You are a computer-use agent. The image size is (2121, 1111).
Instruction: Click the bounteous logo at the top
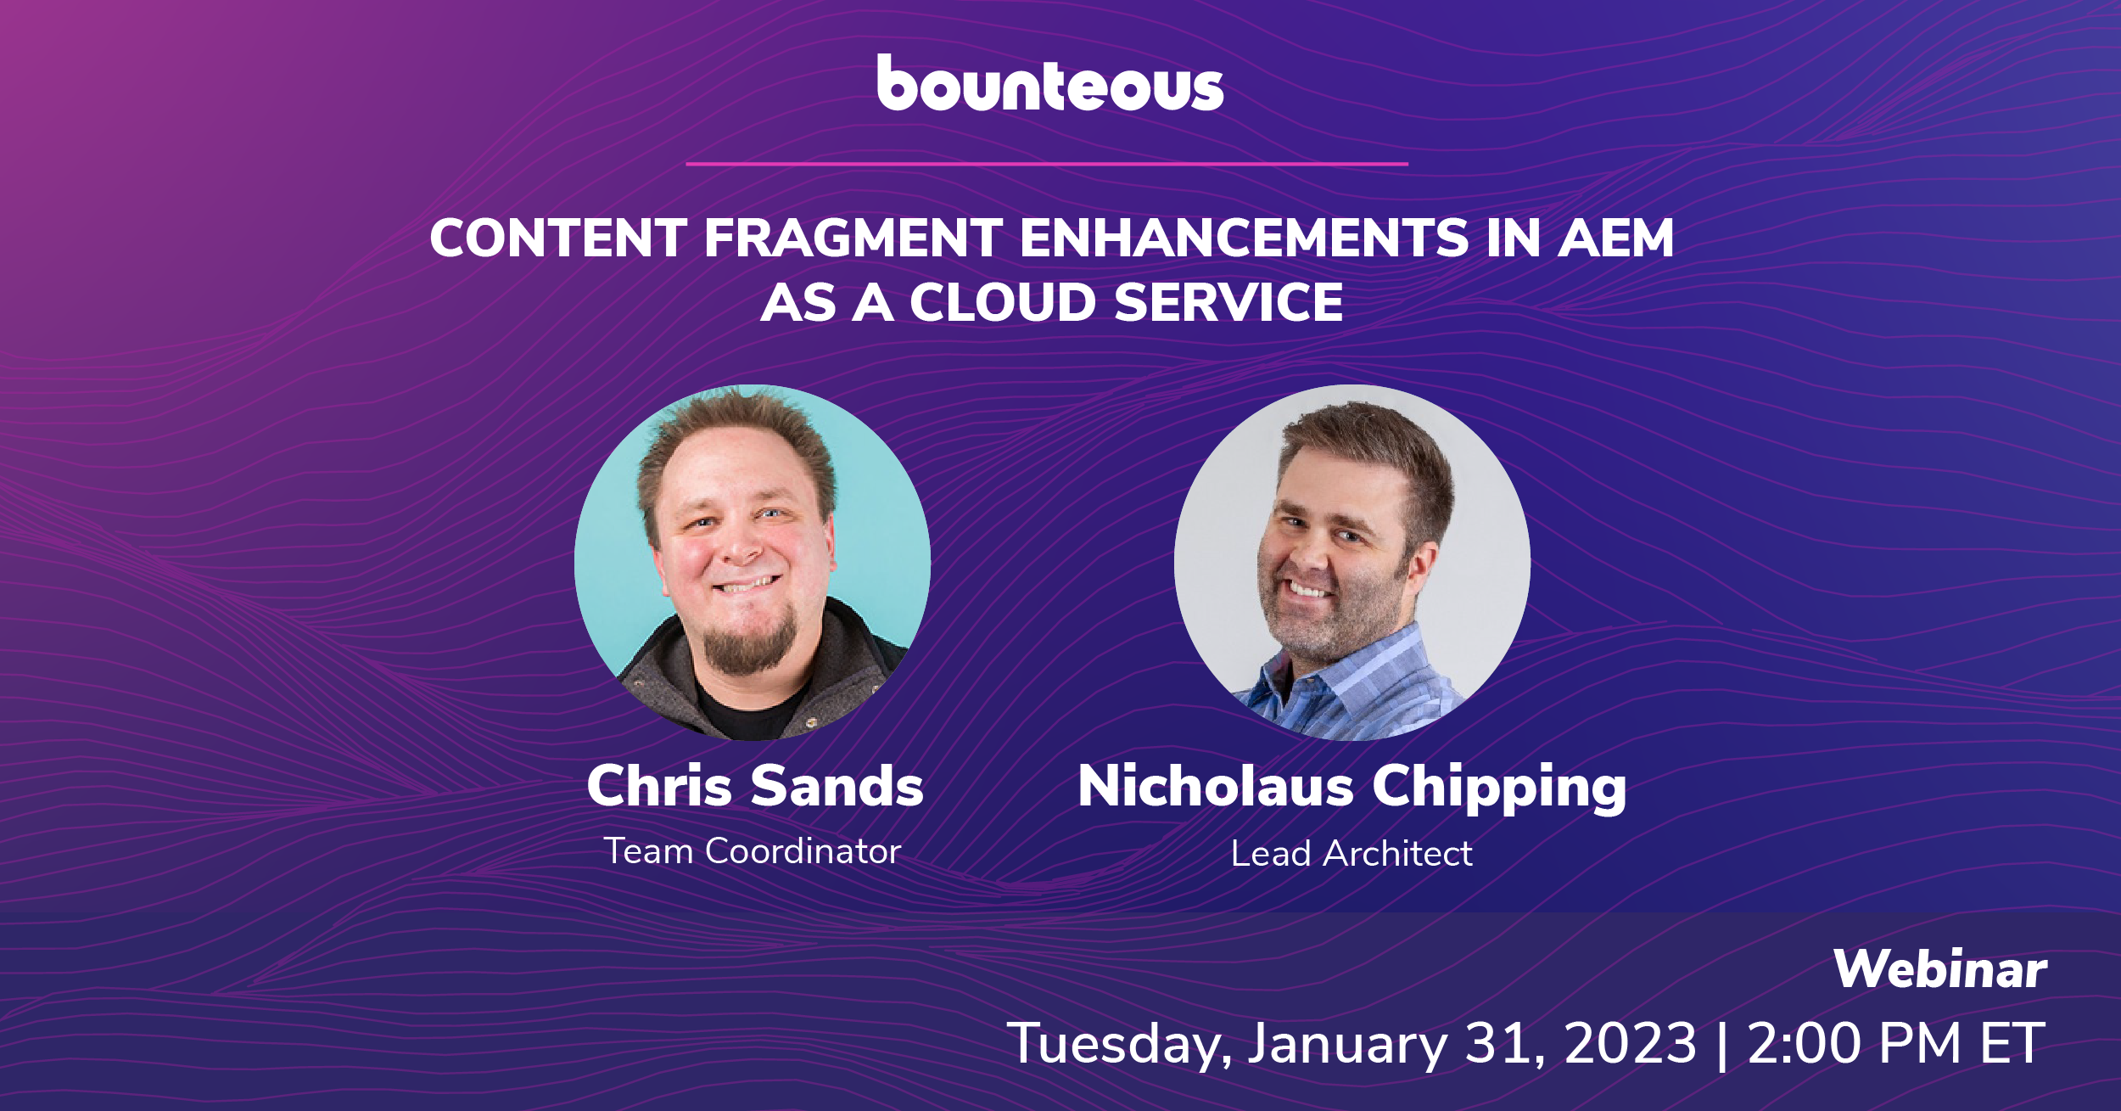point(1050,84)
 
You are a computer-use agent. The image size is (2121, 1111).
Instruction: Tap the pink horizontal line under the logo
point(1046,164)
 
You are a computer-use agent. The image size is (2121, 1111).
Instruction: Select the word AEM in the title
point(1615,238)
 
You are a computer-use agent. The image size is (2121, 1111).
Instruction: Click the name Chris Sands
point(754,786)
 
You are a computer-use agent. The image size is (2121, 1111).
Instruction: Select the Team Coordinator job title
point(752,851)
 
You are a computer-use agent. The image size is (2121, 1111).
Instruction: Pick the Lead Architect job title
point(1352,854)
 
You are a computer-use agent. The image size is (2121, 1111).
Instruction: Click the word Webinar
point(1939,969)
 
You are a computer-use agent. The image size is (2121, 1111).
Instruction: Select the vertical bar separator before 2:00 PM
point(1721,1044)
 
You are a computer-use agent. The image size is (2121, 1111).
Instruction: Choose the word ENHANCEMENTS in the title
point(1244,238)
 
